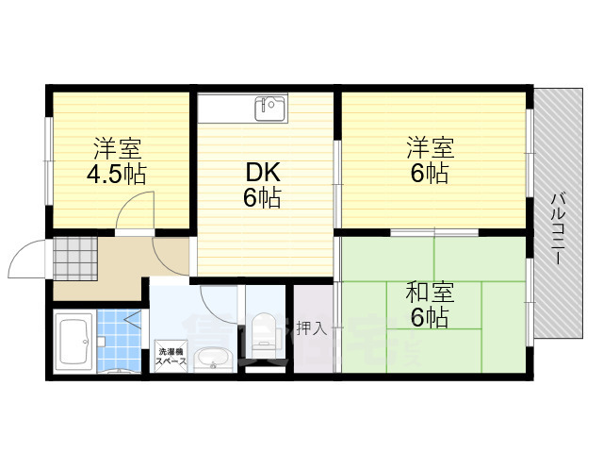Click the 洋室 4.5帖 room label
tap(117, 161)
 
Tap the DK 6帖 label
tap(263, 185)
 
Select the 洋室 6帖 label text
tap(431, 160)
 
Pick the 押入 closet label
tap(311, 328)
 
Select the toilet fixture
tap(265, 330)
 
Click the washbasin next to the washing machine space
tap(217, 360)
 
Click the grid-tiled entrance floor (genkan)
tap(75, 256)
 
